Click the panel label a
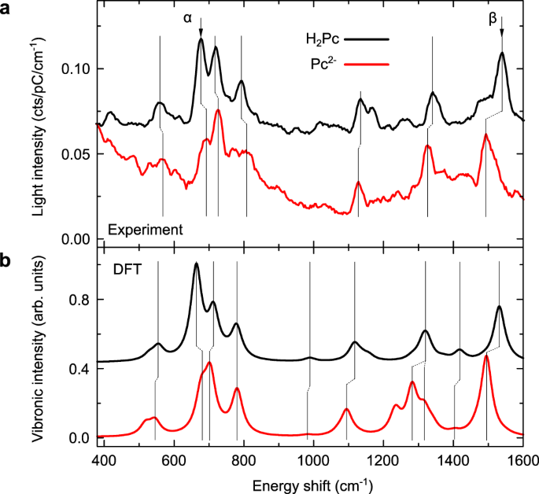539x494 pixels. point(7,9)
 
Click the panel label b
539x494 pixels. point(7,260)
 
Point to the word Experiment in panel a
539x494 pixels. point(146,230)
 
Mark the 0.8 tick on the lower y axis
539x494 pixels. point(79,300)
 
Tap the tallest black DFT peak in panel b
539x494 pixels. point(196,264)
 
